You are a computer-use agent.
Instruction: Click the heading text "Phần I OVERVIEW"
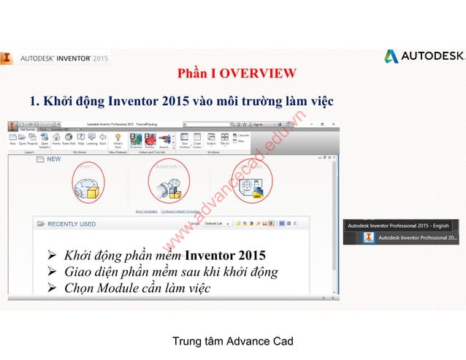[237, 73]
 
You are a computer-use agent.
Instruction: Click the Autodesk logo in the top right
[424, 56]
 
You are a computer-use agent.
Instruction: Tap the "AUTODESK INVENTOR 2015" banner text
[64, 58]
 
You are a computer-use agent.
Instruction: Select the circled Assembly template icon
[169, 183]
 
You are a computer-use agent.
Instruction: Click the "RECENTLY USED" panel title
[72, 224]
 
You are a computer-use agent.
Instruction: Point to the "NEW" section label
[53, 158]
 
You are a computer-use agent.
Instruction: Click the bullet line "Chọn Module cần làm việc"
[137, 288]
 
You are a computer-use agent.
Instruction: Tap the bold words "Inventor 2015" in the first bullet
[226, 256]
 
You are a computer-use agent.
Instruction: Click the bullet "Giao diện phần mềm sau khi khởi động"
[171, 272]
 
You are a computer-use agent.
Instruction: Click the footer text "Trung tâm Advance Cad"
[232, 341]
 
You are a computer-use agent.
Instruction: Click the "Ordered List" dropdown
[217, 223]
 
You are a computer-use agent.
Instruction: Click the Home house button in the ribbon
[56, 138]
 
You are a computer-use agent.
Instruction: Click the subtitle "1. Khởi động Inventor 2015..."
[181, 101]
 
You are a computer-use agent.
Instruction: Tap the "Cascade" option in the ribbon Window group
[242, 135]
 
